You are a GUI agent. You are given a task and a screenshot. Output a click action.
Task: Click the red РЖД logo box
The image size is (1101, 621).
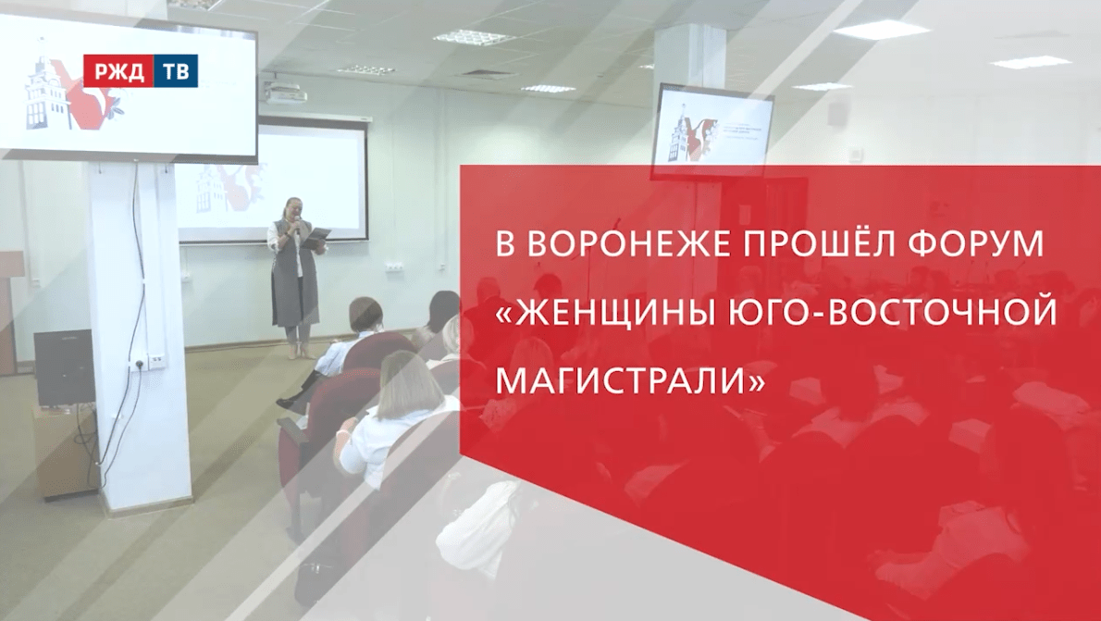(118, 71)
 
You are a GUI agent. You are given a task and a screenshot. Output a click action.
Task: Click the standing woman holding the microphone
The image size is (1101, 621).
(294, 278)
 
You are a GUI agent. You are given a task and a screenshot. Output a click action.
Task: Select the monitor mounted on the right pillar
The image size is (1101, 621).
(712, 129)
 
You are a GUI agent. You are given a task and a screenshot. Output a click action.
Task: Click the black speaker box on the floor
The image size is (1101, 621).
(64, 367)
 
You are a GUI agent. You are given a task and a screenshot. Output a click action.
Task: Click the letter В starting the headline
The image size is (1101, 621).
(504, 245)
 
